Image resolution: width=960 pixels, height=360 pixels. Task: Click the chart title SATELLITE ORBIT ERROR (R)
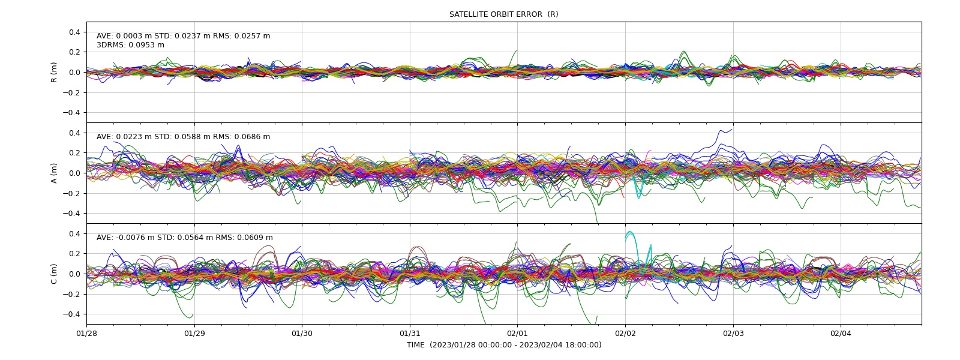tap(503, 14)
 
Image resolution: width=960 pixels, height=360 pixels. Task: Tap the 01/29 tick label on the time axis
tap(194, 334)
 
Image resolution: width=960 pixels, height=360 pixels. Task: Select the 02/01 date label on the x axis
tap(517, 334)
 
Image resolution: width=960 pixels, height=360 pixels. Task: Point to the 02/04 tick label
tap(841, 334)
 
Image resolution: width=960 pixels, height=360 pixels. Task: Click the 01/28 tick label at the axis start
tap(86, 334)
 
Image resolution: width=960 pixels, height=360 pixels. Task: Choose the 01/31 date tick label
tap(410, 334)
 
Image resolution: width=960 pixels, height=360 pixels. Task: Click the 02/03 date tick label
tap(733, 334)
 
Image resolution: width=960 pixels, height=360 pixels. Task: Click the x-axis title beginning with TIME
tap(504, 345)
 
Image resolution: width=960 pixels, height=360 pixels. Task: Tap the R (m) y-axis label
tap(54, 73)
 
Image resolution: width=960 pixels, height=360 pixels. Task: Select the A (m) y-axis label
tap(54, 173)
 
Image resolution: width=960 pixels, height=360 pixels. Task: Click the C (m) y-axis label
tap(54, 274)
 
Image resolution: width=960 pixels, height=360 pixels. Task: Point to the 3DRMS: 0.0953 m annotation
tap(130, 45)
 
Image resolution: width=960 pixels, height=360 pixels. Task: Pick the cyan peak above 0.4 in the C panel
tap(630, 232)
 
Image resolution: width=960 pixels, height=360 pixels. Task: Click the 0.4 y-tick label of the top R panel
tap(75, 32)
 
